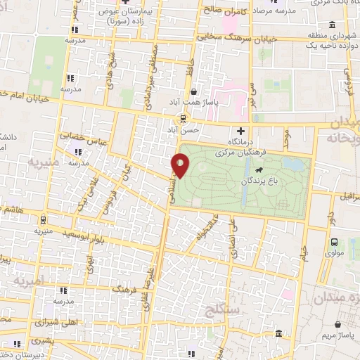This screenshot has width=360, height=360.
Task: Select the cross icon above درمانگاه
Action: [241, 131]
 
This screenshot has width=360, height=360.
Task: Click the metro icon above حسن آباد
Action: [183, 118]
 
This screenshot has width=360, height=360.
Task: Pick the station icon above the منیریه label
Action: [39, 217]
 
